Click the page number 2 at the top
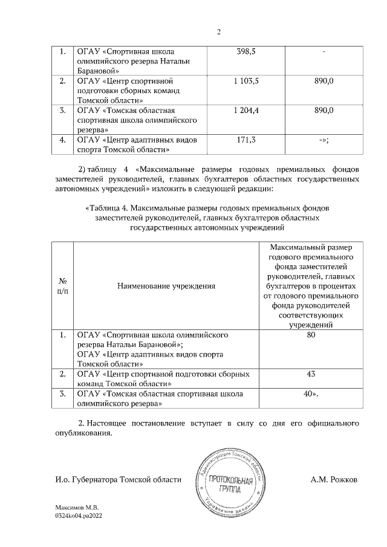tap(218, 32)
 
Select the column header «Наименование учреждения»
tap(167, 285)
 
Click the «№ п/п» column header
tap(62, 285)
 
